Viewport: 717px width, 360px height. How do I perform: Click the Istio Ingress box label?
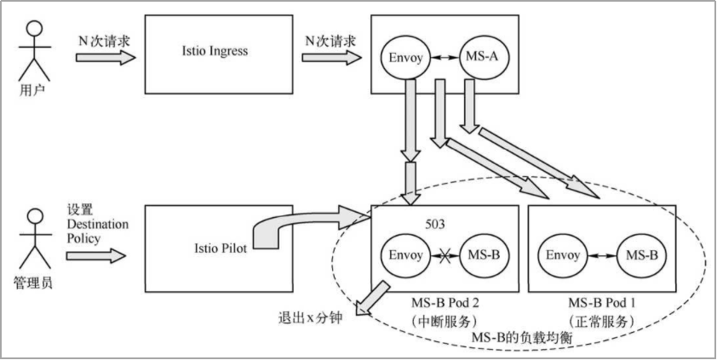(x=215, y=52)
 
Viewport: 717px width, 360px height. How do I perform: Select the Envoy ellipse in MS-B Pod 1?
(x=564, y=254)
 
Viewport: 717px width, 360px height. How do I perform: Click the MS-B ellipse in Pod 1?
(x=640, y=254)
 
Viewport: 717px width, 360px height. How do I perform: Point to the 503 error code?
(x=436, y=225)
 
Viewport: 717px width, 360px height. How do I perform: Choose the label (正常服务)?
(x=601, y=322)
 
